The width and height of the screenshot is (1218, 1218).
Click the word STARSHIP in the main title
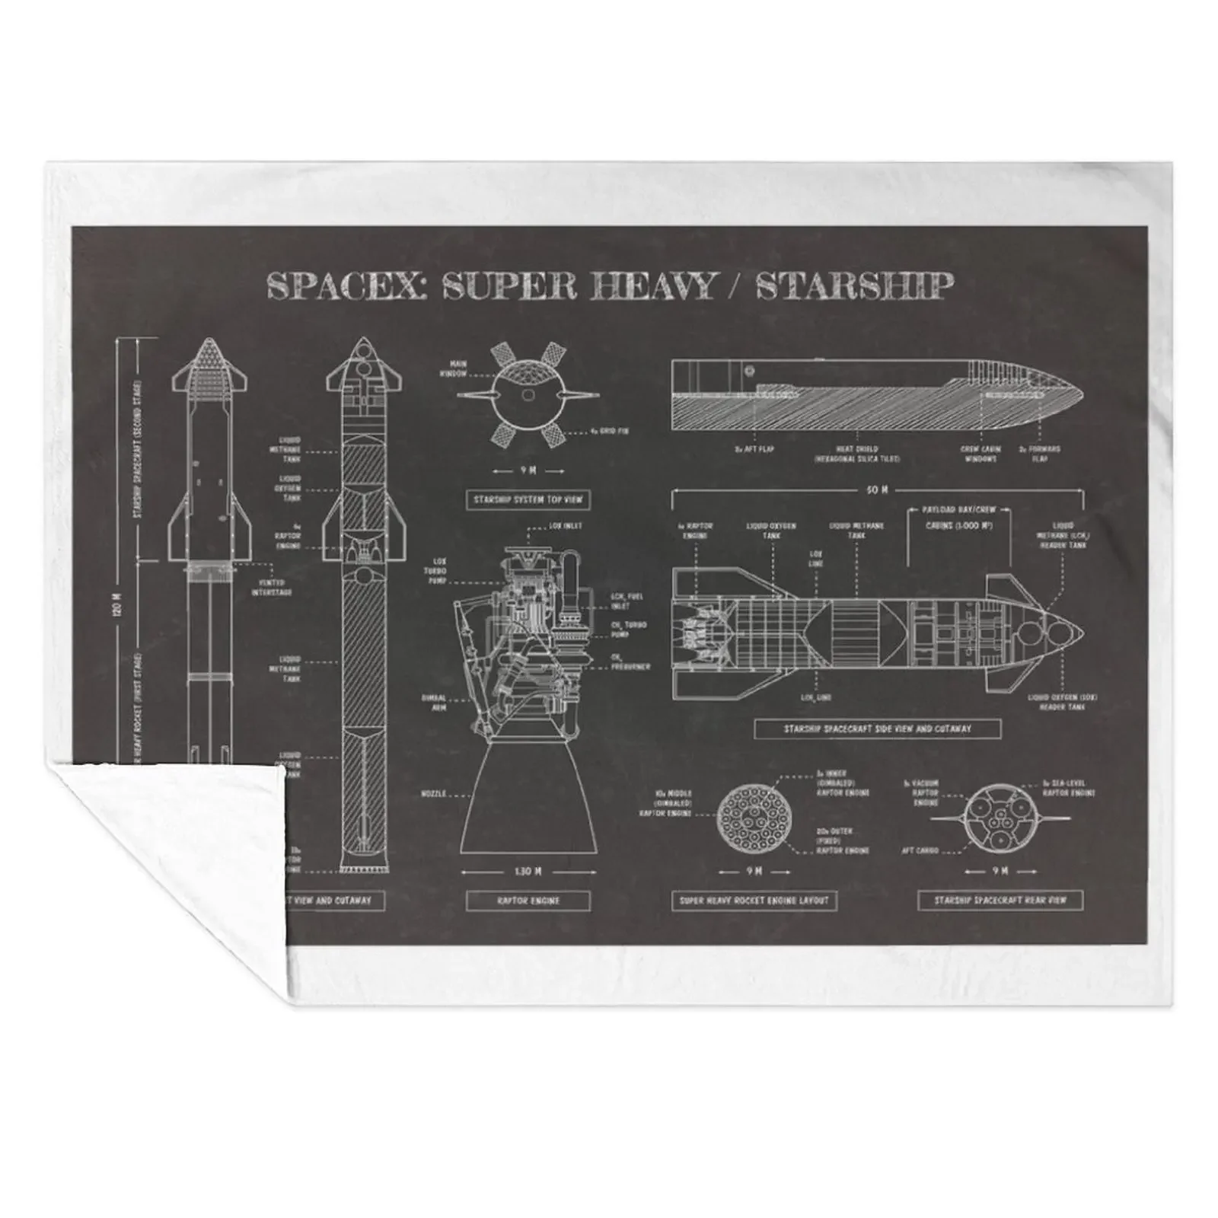point(853,286)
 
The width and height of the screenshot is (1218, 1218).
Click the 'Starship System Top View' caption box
point(528,500)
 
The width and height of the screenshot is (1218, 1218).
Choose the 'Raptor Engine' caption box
point(528,901)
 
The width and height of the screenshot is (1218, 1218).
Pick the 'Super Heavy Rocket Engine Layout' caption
point(754,901)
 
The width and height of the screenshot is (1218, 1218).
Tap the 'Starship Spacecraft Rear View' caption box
point(1000,901)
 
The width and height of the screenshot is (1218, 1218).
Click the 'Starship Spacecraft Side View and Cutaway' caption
point(877,729)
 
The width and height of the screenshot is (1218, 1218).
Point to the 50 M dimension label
point(877,491)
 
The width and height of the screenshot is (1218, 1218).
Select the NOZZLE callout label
point(432,794)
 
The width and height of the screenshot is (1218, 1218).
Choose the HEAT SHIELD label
point(856,454)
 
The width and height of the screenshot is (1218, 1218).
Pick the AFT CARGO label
point(920,850)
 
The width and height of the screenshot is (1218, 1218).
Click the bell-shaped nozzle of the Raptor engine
point(528,807)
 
